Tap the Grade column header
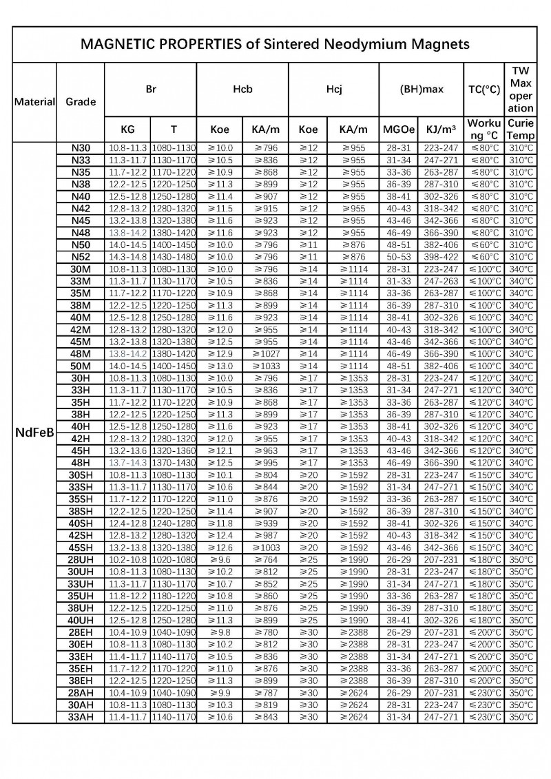(x=81, y=102)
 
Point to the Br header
(x=151, y=89)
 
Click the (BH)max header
(x=422, y=89)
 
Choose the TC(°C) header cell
(x=484, y=89)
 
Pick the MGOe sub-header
(x=399, y=129)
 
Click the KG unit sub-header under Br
(x=128, y=129)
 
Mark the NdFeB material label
(x=34, y=433)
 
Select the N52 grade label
(x=81, y=257)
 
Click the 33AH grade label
(x=81, y=717)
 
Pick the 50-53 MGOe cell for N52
(x=399, y=257)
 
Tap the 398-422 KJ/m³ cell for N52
(x=441, y=257)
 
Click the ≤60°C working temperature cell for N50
(x=485, y=245)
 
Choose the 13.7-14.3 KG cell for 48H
(x=128, y=463)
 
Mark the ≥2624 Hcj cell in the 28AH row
(x=355, y=693)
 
